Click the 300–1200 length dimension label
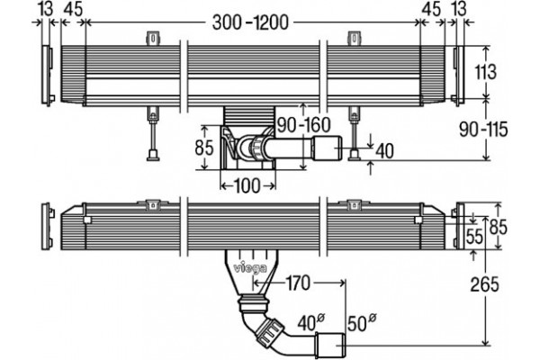250,22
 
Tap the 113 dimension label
486,72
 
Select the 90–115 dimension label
483,130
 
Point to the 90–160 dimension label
304,125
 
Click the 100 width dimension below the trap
247,186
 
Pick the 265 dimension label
484,284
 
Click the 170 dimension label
298,283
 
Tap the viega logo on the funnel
250,268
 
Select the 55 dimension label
474,237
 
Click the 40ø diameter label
311,323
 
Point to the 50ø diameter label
362,323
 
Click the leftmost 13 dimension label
46,8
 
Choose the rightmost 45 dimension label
431,8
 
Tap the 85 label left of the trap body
204,148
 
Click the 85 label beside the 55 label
499,227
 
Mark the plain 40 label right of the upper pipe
384,151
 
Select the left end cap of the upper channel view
48,75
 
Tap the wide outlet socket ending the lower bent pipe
331,345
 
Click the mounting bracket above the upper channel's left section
154,39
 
